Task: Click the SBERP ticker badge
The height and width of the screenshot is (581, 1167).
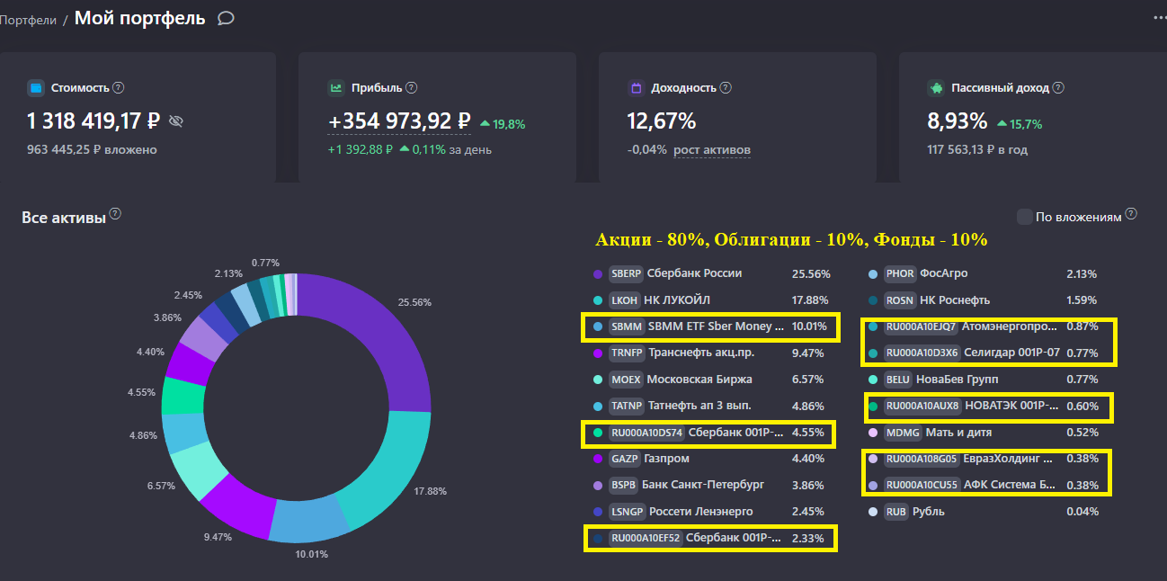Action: tap(626, 273)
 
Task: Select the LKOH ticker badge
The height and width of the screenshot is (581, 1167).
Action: tap(625, 299)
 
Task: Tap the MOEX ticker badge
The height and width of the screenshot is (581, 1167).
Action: tap(626, 380)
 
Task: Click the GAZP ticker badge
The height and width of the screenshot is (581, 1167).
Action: tap(624, 459)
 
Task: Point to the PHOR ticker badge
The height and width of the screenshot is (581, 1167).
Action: tap(899, 273)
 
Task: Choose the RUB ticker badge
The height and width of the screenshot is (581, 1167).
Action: tap(895, 512)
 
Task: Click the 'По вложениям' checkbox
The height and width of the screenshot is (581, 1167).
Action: tap(1024, 217)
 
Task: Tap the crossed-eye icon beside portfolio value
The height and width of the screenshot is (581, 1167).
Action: tap(176, 121)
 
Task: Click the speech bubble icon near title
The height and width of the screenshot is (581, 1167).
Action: tap(226, 18)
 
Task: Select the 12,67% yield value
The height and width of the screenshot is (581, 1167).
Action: tap(661, 121)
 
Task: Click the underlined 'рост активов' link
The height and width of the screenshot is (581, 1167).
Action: tap(712, 150)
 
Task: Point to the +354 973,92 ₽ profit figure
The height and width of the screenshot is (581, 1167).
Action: tap(400, 121)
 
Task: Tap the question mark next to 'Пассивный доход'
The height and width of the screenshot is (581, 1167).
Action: tap(1058, 88)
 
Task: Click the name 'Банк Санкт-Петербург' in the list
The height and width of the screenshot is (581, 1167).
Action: tap(704, 485)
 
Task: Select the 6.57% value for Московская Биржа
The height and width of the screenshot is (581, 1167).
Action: tap(807, 380)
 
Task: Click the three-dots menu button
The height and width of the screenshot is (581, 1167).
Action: tap(1159, 17)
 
